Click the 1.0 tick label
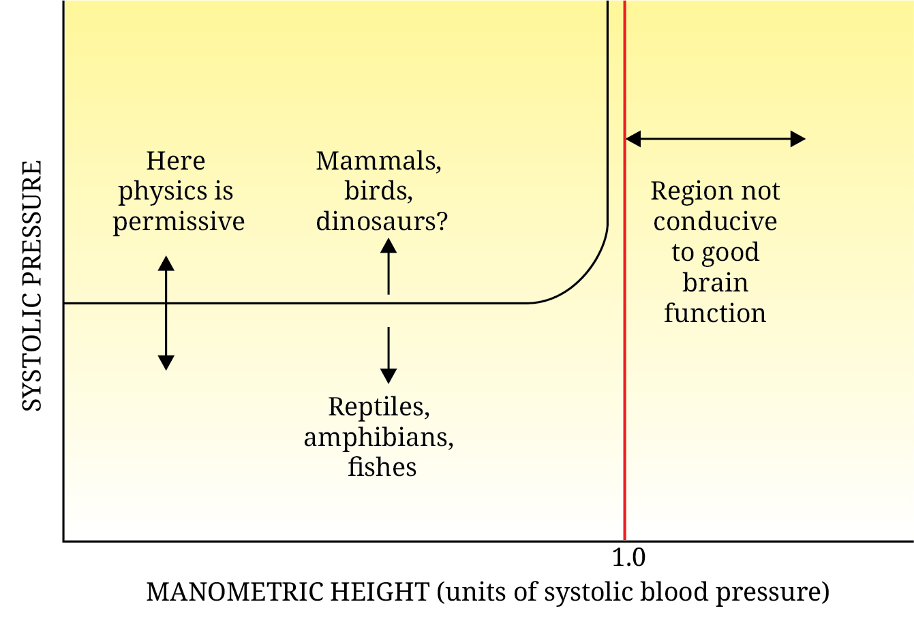tap(628, 558)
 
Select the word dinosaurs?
tap(382, 222)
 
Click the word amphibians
tap(378, 437)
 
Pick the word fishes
tap(382, 467)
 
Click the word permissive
tap(179, 222)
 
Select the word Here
tap(176, 161)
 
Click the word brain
tap(715, 283)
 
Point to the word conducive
tap(715, 222)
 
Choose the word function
tap(715, 313)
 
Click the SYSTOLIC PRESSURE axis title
tap(32, 286)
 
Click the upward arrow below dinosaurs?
tap(389, 266)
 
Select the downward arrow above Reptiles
tap(389, 355)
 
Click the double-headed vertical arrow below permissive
tap(166, 313)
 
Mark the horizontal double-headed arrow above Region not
tap(715, 139)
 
